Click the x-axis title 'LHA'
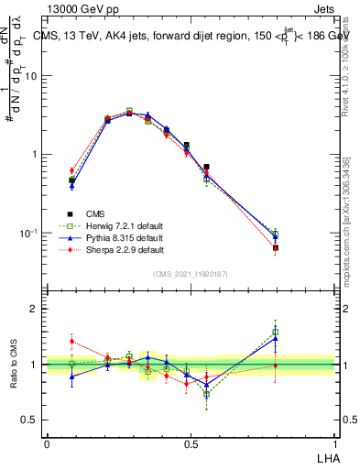(326, 457)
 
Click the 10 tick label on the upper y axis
(31, 76)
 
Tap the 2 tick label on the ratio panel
(35, 309)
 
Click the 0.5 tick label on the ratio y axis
(31, 420)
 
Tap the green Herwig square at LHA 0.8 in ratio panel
(276, 333)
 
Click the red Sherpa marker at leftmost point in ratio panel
(71, 342)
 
